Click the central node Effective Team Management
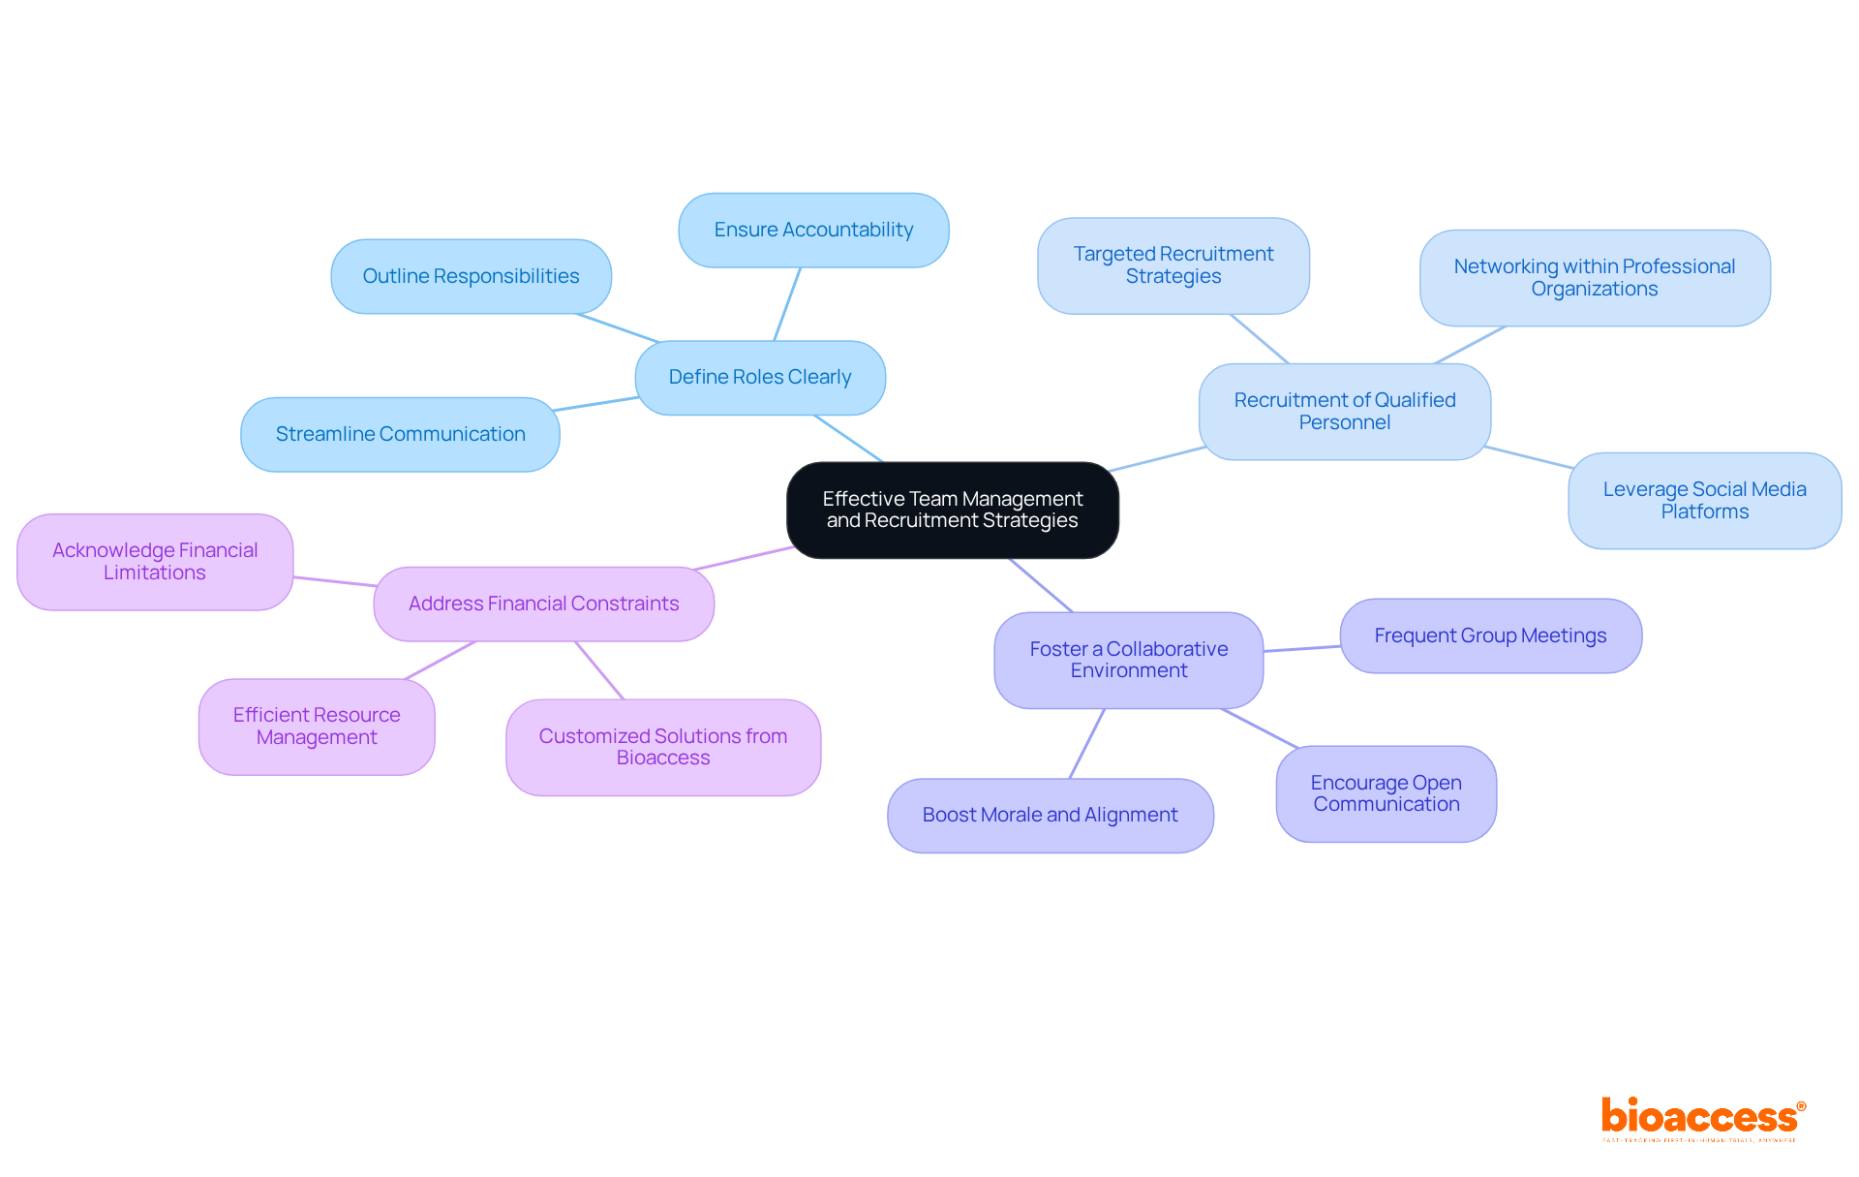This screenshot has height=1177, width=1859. coord(953,510)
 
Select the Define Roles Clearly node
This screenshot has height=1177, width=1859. coord(760,377)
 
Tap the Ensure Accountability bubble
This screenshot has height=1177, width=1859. coord(813,230)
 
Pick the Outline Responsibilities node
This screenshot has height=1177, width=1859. coord(471,276)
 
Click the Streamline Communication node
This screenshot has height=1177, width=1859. coord(400,434)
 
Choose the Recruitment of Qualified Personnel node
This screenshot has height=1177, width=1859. coord(1344,411)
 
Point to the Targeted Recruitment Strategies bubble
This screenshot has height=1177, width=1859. coord(1173,264)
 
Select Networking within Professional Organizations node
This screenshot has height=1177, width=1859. coord(1594,277)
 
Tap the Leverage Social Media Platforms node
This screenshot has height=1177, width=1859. coord(1704,500)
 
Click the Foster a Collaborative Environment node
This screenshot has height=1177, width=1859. coord(1128,660)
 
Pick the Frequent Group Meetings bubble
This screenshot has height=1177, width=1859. coord(1490,635)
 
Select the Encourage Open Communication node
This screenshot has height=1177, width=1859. coord(1386,793)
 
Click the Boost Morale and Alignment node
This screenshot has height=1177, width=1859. coord(1050,815)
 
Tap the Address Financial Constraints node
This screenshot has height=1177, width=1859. coord(543,604)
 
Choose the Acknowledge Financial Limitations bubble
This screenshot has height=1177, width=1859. coord(155,561)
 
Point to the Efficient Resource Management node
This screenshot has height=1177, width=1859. coord(317,726)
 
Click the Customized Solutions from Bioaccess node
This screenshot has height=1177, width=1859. coord(663,747)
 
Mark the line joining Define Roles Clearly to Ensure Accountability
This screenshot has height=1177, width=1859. coord(787,304)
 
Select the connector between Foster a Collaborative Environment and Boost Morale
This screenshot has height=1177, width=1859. coord(1086,744)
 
